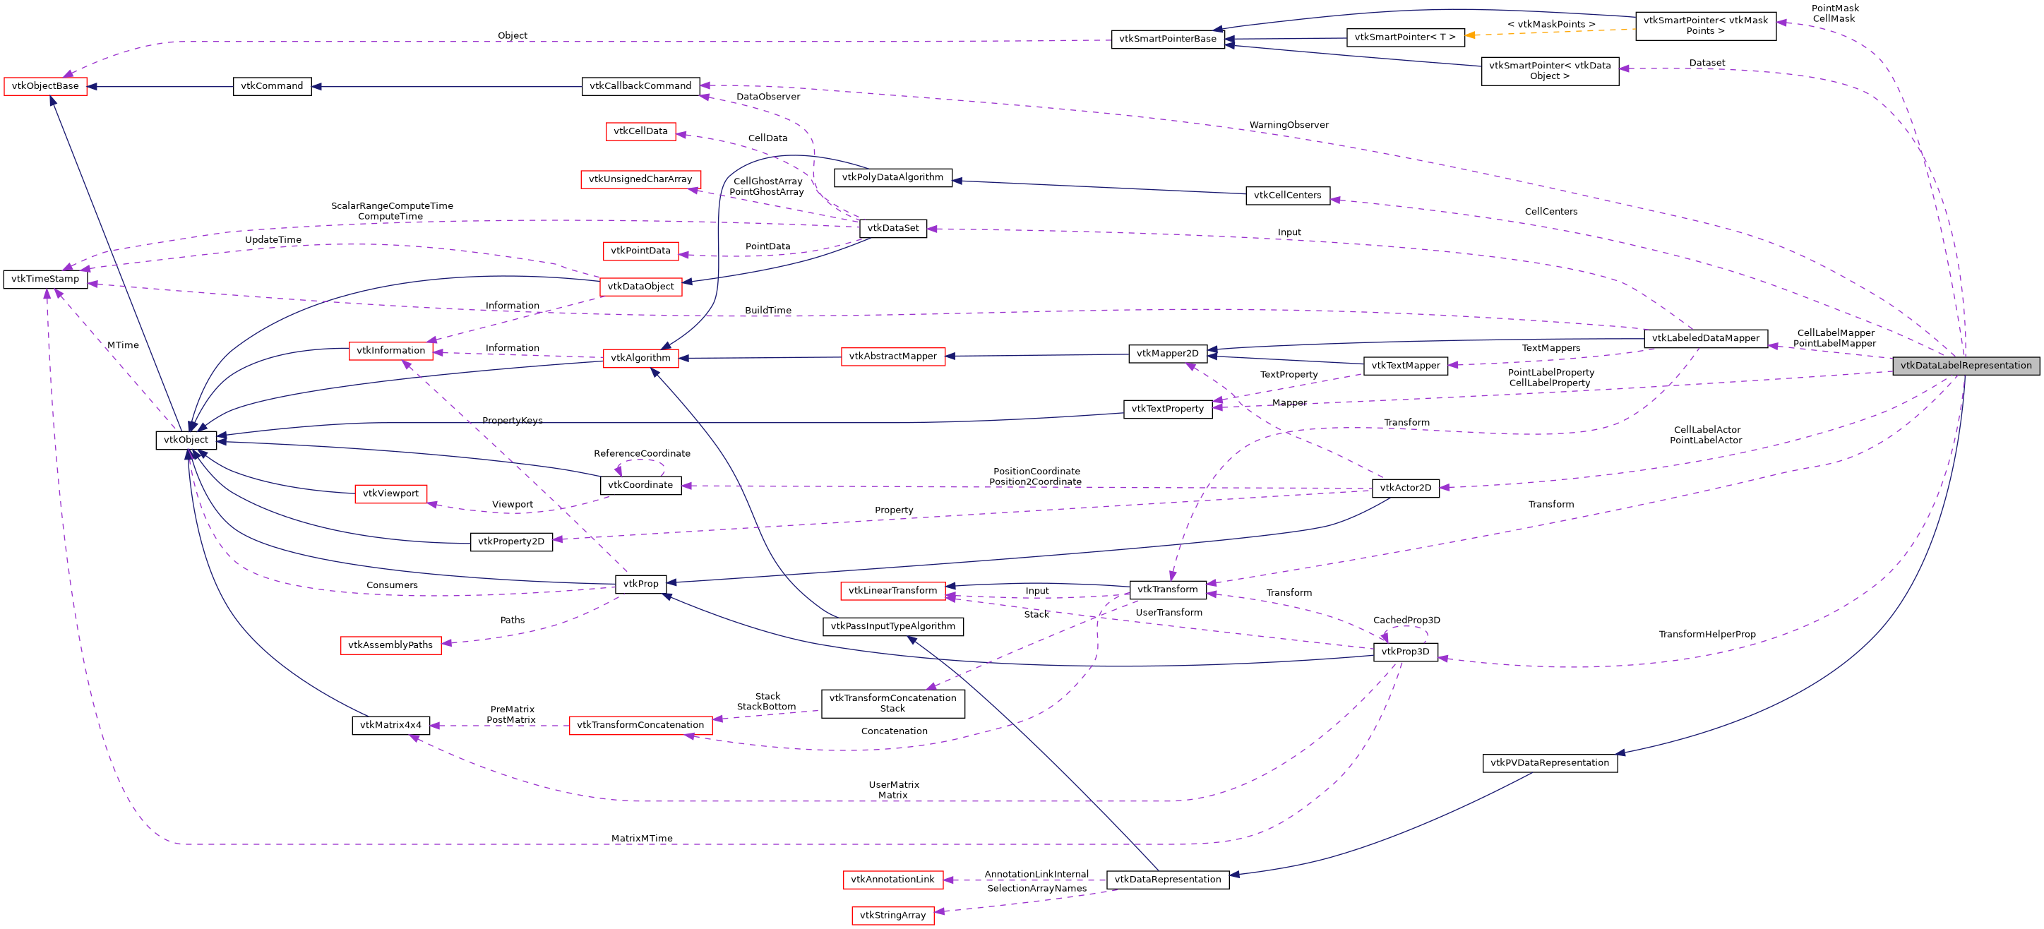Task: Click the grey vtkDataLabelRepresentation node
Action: coord(1966,366)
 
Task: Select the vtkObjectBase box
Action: coord(45,85)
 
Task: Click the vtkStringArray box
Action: coord(892,916)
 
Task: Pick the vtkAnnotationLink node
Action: coord(892,880)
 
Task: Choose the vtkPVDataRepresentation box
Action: coord(1549,763)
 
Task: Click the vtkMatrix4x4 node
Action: coord(390,725)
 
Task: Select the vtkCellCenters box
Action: coord(1287,195)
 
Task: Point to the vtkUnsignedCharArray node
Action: coord(640,179)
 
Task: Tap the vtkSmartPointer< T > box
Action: coord(1404,37)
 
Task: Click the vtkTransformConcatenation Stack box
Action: coord(892,704)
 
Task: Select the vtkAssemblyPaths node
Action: coord(390,645)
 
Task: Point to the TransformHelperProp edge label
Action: coord(1707,635)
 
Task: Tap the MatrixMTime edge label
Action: coord(641,839)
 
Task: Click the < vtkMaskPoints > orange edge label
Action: coord(1550,25)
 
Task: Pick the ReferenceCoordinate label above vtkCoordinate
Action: coord(642,454)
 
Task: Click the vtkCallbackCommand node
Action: coord(640,85)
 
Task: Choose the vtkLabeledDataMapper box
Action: coord(1705,338)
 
